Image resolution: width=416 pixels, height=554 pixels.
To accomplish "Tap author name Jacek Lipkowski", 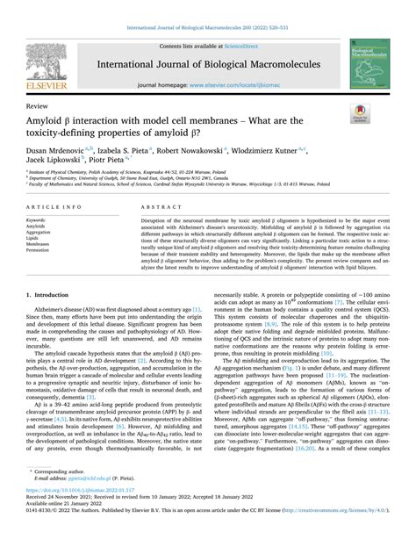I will (54, 162).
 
